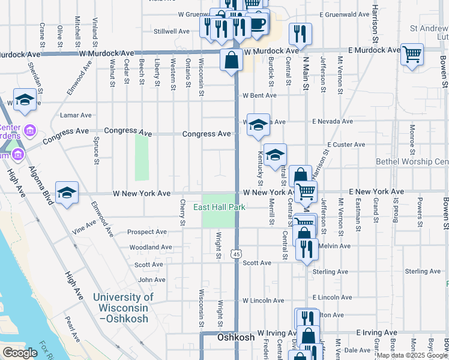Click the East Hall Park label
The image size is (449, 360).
(220, 208)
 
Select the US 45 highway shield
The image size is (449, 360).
(237, 255)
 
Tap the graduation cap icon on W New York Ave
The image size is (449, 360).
(67, 193)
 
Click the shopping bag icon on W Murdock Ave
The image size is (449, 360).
(231, 60)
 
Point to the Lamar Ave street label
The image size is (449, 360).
(75, 115)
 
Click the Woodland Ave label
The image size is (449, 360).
(151, 247)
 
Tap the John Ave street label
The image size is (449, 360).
(151, 280)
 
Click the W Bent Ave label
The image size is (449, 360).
(259, 95)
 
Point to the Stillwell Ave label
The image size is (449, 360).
(172, 31)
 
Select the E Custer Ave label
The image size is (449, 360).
(346, 145)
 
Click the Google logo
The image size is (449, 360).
(20, 353)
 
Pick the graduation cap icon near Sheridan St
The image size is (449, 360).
(25, 100)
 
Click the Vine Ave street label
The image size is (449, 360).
(83, 226)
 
